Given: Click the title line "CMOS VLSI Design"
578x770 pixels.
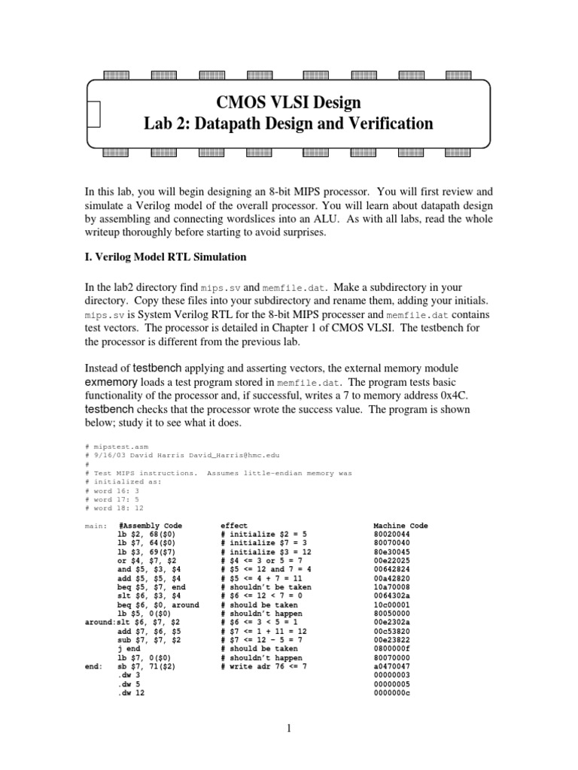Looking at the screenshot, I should coord(288,102).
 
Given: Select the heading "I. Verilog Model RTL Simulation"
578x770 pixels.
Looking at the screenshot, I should coord(166,257).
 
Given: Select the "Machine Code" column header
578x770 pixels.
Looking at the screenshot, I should coord(400,526).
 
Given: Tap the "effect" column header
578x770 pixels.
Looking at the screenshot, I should coord(233,526).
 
